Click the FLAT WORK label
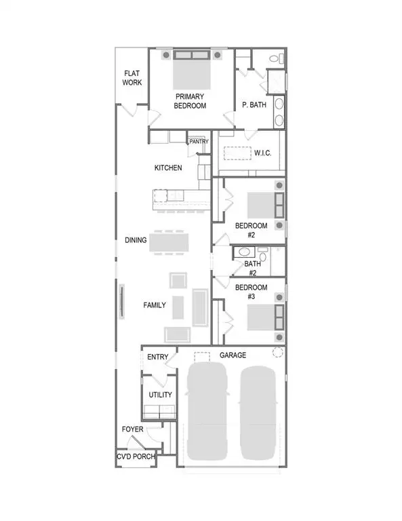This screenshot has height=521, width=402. [132, 78]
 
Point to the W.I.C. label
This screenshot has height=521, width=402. [262, 153]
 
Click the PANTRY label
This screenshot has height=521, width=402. [199, 142]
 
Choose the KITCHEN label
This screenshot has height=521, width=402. [168, 168]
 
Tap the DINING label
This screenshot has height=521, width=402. [136, 239]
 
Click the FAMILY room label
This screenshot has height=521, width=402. [155, 305]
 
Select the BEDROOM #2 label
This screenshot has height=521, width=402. [251, 230]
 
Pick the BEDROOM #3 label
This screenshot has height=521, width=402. [251, 292]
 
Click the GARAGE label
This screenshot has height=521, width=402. [233, 355]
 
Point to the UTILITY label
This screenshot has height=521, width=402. [160, 395]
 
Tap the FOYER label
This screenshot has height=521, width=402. [132, 429]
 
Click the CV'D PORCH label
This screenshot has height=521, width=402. [136, 457]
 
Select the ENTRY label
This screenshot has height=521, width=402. [157, 357]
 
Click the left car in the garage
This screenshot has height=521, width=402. [207, 410]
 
